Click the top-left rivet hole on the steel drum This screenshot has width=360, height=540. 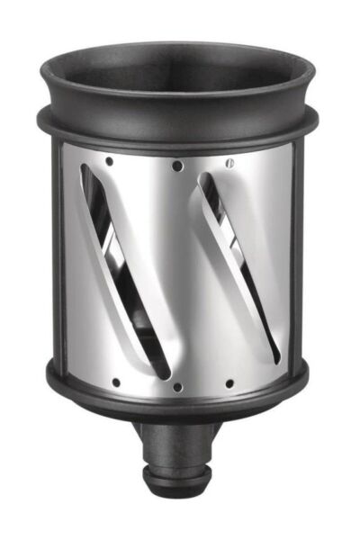(110, 162)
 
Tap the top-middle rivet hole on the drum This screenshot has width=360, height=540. (177, 166)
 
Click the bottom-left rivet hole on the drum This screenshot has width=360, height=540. (116, 381)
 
